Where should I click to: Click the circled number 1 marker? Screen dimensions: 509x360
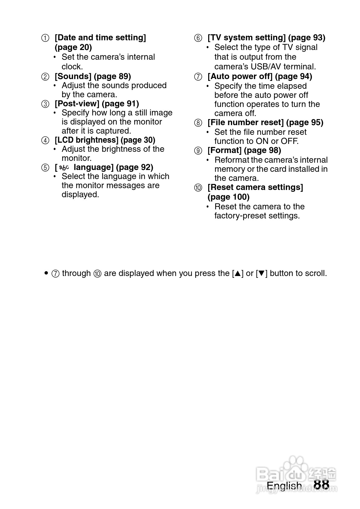45,38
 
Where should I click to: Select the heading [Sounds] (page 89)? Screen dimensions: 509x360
93,76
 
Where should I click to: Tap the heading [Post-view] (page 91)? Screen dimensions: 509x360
97,104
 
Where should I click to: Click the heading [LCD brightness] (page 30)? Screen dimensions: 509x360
105,140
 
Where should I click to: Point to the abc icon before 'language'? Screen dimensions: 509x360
64,168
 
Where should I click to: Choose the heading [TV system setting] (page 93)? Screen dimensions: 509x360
266,38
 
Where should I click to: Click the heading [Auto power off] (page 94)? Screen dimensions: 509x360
260,76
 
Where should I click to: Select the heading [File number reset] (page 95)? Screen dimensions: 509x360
265,122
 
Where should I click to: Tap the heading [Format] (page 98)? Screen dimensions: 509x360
244,150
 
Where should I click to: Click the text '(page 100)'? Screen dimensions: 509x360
228,197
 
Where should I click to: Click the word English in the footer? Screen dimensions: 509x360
284,486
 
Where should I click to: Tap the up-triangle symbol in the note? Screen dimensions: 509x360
238,274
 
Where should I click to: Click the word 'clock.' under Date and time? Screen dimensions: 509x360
72,67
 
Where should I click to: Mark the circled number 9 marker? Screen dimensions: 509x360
198,151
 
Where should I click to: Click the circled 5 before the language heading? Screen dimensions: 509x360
45,168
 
